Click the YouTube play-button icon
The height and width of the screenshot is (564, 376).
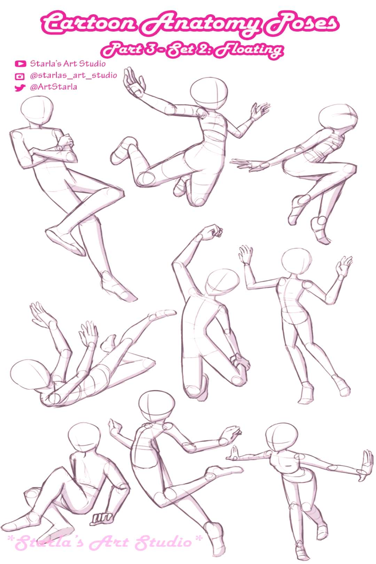[x=20, y=64]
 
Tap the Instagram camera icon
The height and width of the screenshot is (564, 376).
[x=20, y=76]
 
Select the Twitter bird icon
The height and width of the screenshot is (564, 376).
[x=20, y=88]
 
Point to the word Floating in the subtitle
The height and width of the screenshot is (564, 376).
[x=249, y=49]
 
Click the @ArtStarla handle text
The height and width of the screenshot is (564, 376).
[x=53, y=87]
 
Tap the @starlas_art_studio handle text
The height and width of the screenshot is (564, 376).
[x=73, y=76]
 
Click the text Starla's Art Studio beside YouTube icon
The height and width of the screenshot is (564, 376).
[x=68, y=64]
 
